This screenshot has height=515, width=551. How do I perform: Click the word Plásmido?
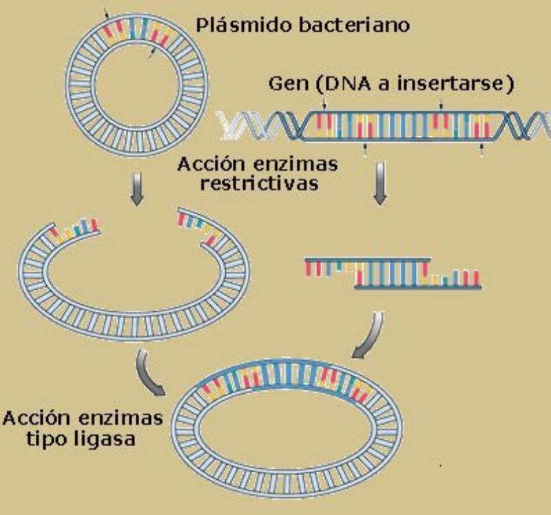240,26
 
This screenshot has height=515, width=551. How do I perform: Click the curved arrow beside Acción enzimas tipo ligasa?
149,372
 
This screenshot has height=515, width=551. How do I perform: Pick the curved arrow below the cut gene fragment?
371,336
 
